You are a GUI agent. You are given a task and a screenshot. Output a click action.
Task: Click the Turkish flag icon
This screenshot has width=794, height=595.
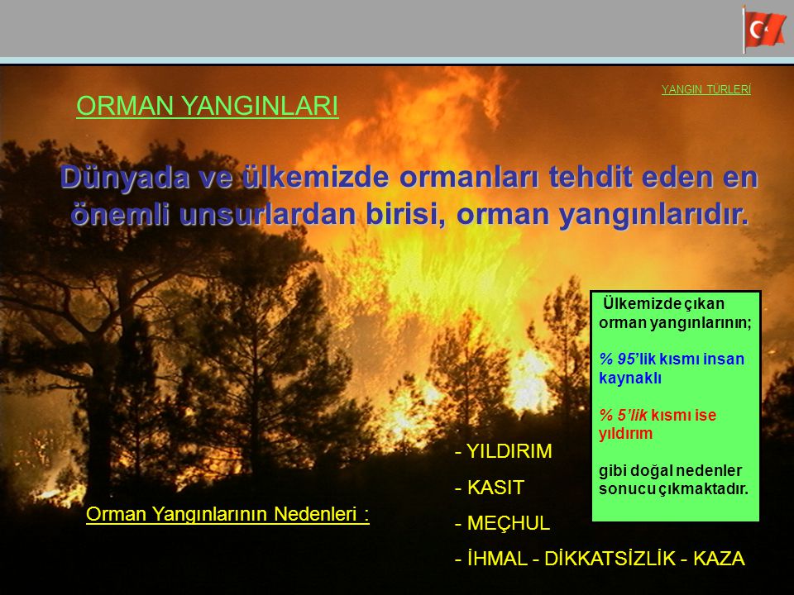click(x=764, y=30)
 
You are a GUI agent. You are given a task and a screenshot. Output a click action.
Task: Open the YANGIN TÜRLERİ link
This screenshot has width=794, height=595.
click(x=706, y=89)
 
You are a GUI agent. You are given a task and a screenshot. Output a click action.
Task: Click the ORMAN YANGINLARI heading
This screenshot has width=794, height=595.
click(x=207, y=106)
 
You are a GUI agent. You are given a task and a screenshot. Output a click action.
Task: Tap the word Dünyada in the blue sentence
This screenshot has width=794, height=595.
click(x=125, y=177)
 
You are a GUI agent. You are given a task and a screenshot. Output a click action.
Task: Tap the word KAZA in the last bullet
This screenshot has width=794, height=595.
click(x=719, y=559)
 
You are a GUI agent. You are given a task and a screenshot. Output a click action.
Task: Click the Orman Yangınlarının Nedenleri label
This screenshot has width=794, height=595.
click(x=227, y=514)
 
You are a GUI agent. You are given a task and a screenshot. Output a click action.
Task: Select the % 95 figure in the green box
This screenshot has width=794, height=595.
click(x=618, y=359)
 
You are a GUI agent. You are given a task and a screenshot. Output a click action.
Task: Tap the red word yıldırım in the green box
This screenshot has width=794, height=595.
click(x=625, y=434)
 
